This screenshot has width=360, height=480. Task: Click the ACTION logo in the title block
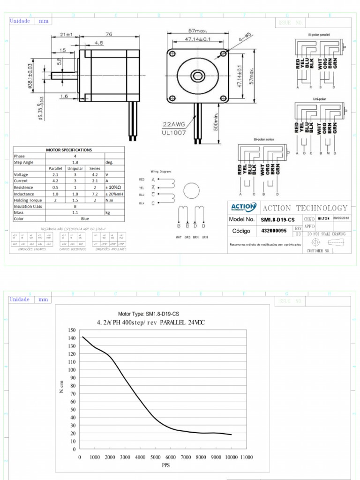click(242, 207)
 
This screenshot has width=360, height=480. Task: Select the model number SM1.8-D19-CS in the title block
click(278, 219)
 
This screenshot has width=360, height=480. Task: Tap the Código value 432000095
click(274, 231)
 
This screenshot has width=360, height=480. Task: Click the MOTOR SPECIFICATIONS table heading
click(69, 150)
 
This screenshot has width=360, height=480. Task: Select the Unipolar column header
click(75, 168)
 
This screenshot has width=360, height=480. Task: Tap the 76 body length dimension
click(108, 34)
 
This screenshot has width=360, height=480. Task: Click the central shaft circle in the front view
click(197, 75)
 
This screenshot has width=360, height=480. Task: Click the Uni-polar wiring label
click(319, 99)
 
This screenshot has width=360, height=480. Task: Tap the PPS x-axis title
click(165, 466)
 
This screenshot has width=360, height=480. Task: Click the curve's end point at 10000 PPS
click(231, 435)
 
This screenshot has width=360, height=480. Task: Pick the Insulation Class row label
click(29, 206)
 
